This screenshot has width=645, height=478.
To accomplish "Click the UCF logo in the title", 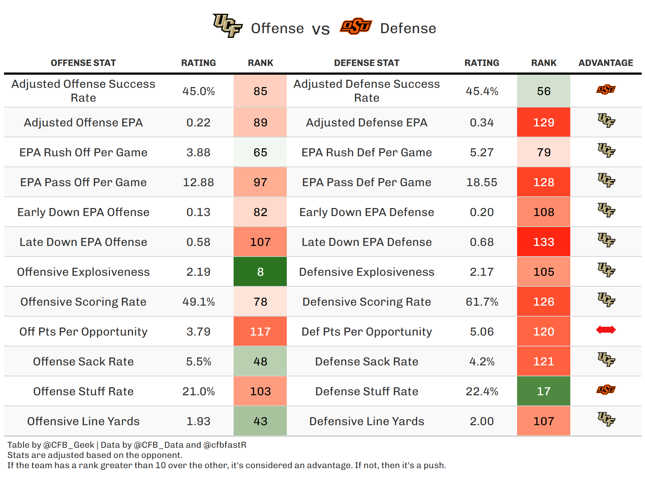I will (228, 26).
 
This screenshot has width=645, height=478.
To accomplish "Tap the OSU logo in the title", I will (356, 26).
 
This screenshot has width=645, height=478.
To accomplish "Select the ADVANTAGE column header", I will (606, 63).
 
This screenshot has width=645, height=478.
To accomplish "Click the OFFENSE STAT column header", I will (83, 63).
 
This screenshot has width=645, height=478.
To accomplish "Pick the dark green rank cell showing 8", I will (260, 272).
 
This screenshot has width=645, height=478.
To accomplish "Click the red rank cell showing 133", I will (543, 242).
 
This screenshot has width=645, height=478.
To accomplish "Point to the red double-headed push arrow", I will (606, 330).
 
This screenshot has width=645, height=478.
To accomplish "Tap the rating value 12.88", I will (198, 182).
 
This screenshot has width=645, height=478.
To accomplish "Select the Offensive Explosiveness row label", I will (83, 272).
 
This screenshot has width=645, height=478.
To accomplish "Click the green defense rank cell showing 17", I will (543, 391).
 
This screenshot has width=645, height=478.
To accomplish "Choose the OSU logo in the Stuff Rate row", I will (606, 390).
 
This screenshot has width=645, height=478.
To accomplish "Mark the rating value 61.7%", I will (482, 302).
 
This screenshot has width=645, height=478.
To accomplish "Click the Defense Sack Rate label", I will (367, 361).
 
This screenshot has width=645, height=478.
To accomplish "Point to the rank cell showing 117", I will (260, 332).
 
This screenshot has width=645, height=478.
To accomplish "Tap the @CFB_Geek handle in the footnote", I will (69, 445).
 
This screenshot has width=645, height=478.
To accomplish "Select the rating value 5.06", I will (482, 332).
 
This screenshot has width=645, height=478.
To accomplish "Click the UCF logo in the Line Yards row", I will (606, 419).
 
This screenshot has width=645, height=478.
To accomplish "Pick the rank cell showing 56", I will (543, 91).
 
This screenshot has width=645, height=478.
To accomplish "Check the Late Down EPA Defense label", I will (367, 242).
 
